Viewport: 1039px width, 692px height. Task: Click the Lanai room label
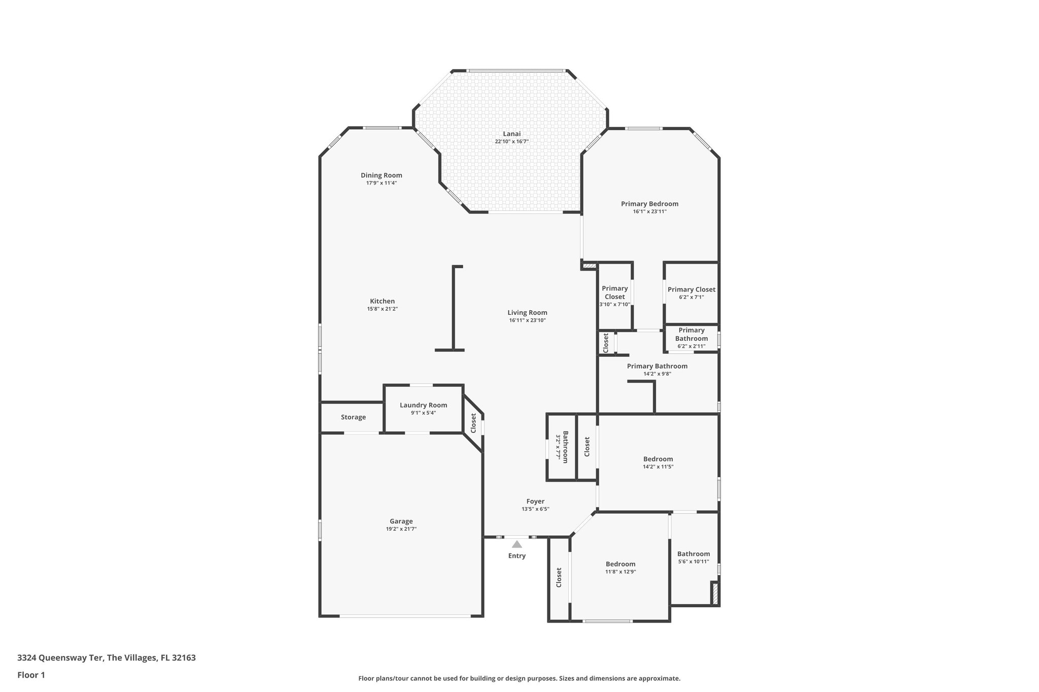511,134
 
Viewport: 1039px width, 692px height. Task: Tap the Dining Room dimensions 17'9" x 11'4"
381,183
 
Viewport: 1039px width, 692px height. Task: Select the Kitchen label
382,301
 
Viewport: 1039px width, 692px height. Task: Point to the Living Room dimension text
527,320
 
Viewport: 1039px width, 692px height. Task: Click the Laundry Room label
423,405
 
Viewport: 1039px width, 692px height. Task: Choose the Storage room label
353,417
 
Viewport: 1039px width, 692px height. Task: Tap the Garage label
401,521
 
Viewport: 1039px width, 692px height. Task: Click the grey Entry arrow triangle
516,544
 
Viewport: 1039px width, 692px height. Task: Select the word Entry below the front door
516,556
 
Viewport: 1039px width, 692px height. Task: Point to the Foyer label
535,501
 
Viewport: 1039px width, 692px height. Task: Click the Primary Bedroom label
649,204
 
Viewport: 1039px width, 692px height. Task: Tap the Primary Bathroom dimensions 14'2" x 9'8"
657,374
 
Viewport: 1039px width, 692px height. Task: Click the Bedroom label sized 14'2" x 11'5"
658,459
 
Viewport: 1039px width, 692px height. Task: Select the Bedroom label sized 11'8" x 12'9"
620,564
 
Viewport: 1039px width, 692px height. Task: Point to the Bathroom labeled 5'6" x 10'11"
693,554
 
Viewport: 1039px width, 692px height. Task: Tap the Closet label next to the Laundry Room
473,423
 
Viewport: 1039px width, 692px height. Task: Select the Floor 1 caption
31,675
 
